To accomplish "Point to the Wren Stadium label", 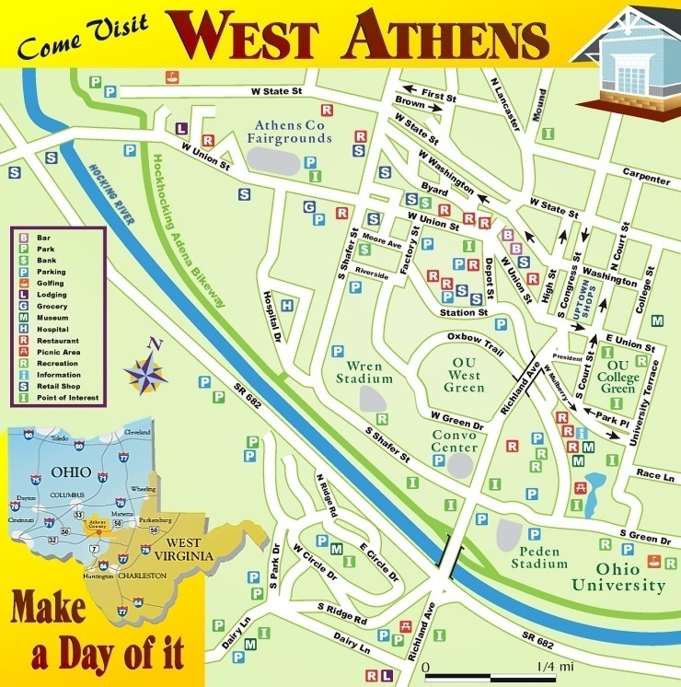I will coord(364,371).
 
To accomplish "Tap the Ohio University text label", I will coord(618,576).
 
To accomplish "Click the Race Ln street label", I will coord(656,475).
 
